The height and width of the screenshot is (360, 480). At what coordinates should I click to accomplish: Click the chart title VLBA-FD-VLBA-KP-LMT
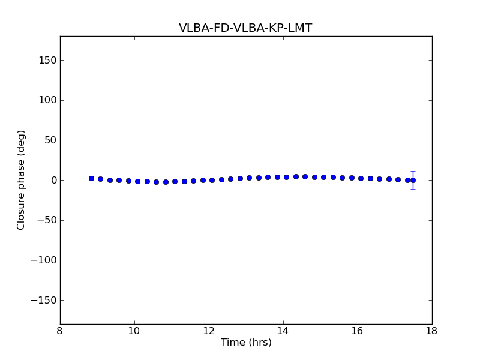pyautogui.click(x=245, y=28)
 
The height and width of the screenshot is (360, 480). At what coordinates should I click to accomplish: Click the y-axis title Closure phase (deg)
pyautogui.click(x=22, y=180)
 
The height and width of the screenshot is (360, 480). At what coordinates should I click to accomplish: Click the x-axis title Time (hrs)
pyautogui.click(x=246, y=343)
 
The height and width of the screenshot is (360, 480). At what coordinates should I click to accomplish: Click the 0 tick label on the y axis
pyautogui.click(x=53, y=180)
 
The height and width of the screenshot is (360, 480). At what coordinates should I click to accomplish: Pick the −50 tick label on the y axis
pyautogui.click(x=46, y=220)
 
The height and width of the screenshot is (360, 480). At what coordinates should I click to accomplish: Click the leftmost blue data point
pyautogui.click(x=91, y=178)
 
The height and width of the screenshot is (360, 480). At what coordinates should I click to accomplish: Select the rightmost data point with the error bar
pyautogui.click(x=413, y=180)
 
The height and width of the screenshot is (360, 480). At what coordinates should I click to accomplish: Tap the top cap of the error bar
pyautogui.click(x=413, y=172)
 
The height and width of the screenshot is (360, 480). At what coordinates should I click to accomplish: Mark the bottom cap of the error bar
pyautogui.click(x=413, y=189)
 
